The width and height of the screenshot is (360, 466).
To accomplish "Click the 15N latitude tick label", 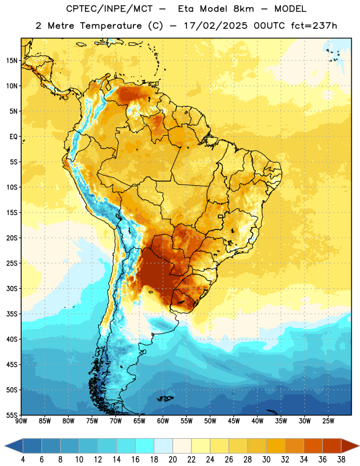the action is coord(12,61).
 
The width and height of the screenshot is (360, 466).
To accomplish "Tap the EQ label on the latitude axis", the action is coord(13,137).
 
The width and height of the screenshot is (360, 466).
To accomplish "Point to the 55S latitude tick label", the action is coord(12,415).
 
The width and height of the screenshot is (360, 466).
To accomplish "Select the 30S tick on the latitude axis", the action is coord(12,288).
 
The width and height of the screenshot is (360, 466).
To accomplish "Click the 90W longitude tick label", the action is coord(21,421).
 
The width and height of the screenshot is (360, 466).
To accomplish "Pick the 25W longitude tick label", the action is coord(328,421).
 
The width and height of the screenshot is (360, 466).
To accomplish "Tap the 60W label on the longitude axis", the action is coord(163,421).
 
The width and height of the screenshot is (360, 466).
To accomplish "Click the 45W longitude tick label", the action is coord(234,421).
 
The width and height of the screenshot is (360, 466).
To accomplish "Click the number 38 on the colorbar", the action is coord(341,460).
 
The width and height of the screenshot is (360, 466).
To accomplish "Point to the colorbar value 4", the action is coord(23,460).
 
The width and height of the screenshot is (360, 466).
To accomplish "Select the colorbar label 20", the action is coord(172,460).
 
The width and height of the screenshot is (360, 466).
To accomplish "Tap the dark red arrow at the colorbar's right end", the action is coord(350,446).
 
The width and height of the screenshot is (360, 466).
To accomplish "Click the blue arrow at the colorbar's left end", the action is coord(13,446).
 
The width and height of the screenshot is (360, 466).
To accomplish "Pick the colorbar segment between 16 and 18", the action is coord(145,446).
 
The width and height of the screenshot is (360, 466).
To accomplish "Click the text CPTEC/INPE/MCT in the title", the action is coord(109,9).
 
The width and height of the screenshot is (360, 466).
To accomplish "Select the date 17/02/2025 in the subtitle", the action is coord(216,26).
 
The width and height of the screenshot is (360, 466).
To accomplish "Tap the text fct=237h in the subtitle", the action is coord(314,26).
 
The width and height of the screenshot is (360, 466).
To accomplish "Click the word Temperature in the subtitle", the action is coord(111,26).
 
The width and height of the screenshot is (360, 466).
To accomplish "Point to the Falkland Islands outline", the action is coord(165,398).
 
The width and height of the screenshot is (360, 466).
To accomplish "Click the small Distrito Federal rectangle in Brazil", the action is coord(221,216).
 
